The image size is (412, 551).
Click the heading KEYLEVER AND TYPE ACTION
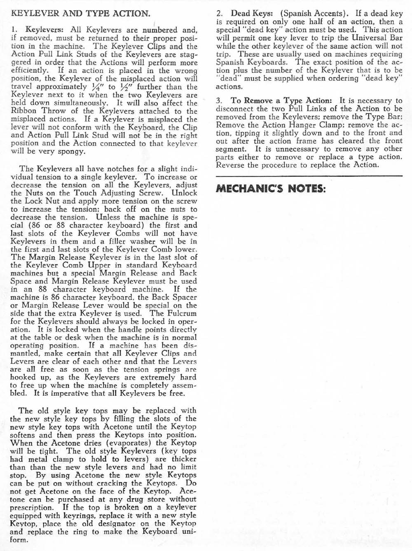click(80, 13)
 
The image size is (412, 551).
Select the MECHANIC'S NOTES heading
click(271, 189)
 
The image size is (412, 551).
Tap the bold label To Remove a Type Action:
click(281, 100)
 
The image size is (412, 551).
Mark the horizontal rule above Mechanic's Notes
click(309, 176)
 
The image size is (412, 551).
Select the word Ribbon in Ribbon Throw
click(23, 111)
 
